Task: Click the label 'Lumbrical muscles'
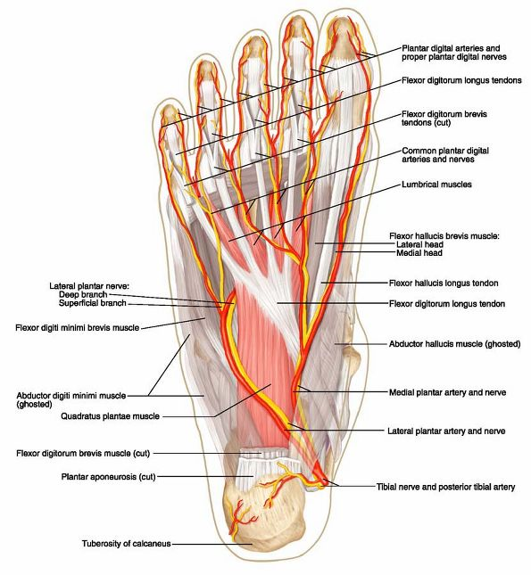coord(436,184)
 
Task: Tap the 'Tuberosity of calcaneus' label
coord(127,543)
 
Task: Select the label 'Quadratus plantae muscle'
coord(110,416)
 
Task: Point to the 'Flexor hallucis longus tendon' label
coord(444,283)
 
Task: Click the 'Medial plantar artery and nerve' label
coord(447,392)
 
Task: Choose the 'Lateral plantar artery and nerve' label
coord(446,431)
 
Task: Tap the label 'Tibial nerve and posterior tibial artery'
coord(445,487)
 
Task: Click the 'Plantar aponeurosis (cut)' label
coord(108,477)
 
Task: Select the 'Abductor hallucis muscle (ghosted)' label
coord(454,344)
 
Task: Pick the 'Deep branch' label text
coord(83,294)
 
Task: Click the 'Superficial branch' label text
coord(93,303)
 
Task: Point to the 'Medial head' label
coord(419,252)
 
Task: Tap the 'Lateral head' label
coord(419,244)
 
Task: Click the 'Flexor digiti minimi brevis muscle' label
coord(77,327)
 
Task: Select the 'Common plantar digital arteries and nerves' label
coord(445,155)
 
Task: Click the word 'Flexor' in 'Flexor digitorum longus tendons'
coord(413,80)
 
